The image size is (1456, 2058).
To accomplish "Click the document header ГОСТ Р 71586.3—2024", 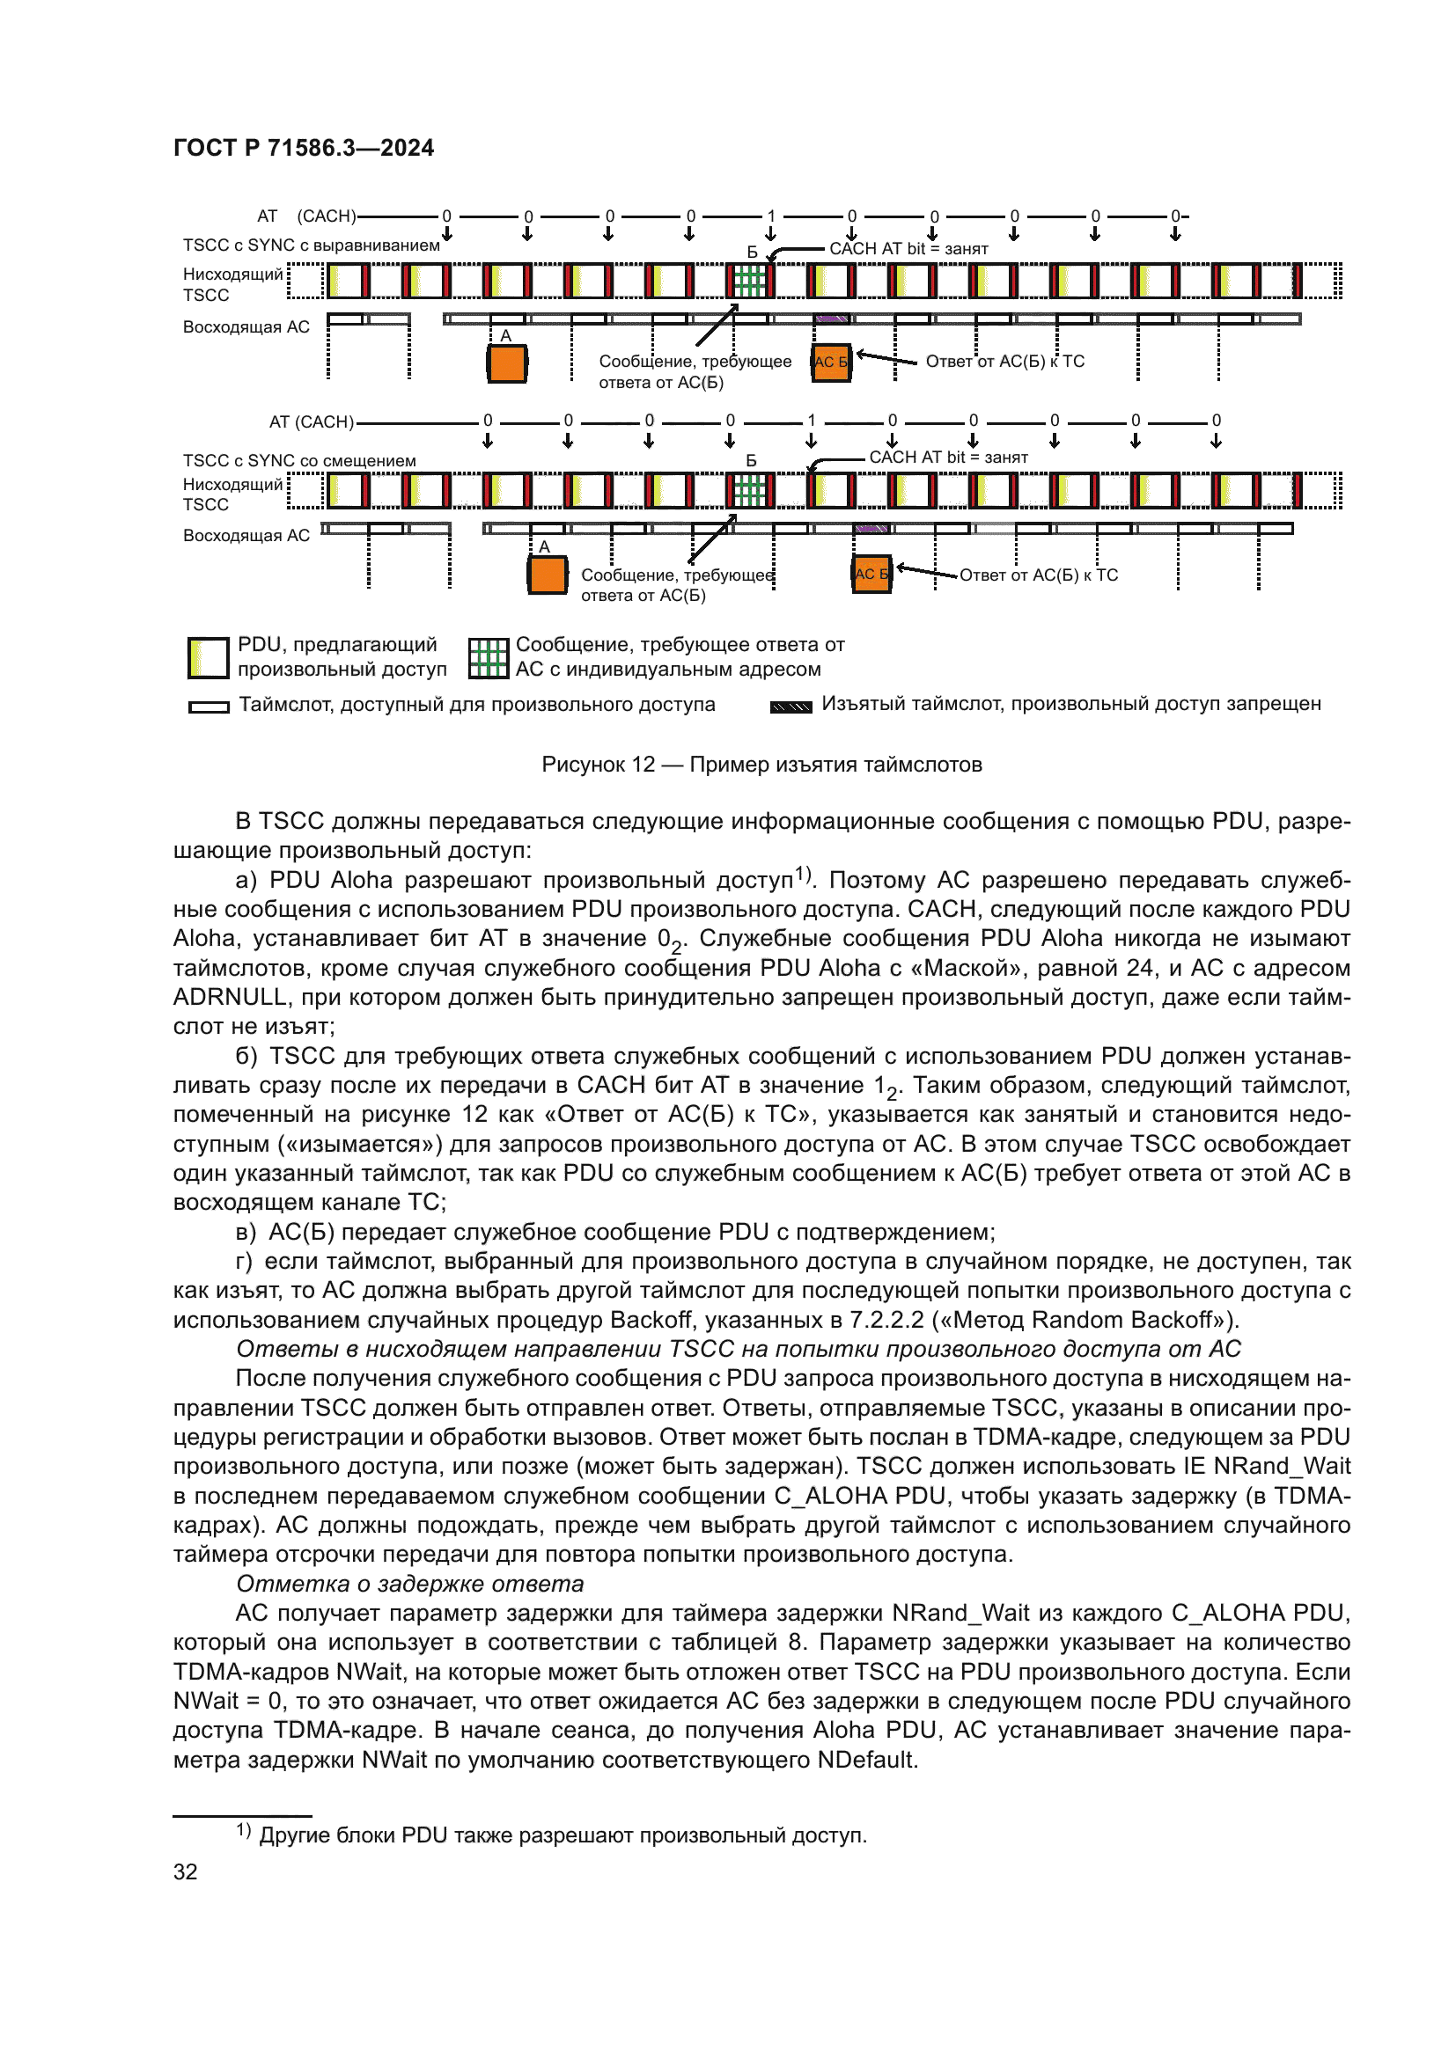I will point(303,148).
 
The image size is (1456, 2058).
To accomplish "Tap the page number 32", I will point(186,1871).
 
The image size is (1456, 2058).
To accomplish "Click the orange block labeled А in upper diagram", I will point(506,364).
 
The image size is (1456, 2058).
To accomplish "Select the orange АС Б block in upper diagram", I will point(831,363).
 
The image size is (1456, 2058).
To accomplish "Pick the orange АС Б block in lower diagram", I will point(871,575).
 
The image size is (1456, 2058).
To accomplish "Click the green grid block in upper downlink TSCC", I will point(749,282).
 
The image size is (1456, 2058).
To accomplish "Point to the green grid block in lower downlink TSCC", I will point(749,490).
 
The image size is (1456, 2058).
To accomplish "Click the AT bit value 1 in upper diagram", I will point(771,216).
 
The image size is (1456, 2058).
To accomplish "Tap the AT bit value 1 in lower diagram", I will point(812,421).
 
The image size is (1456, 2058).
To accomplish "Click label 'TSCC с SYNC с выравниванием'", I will point(311,245).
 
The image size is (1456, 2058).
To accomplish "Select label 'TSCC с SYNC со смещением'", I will point(299,461).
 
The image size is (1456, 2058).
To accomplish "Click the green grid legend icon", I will point(489,658).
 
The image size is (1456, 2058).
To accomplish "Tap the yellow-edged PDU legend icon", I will point(208,658).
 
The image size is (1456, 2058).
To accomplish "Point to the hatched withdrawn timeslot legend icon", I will point(791,707).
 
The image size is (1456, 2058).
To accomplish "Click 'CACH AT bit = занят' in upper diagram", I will point(908,249).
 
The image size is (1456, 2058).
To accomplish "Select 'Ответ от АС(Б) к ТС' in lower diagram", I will point(1038,575).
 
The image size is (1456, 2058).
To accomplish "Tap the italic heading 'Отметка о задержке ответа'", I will point(409,1584).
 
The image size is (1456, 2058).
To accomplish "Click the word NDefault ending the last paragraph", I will point(866,1760).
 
